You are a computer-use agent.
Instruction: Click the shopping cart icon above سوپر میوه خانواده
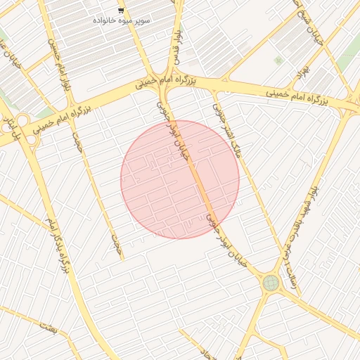[x=122, y=11]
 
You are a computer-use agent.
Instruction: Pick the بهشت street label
[x=47, y=325]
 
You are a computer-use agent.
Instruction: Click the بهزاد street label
[x=303, y=71]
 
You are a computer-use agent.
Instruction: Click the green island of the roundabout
[x=271, y=283]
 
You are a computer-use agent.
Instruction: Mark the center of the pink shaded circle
[x=180, y=179]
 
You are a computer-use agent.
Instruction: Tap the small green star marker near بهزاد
[x=278, y=60]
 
